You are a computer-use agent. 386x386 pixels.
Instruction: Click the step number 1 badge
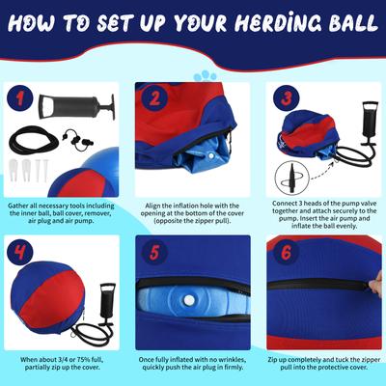tap(23, 96)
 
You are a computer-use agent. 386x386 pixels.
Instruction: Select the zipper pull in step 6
tap(372, 283)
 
